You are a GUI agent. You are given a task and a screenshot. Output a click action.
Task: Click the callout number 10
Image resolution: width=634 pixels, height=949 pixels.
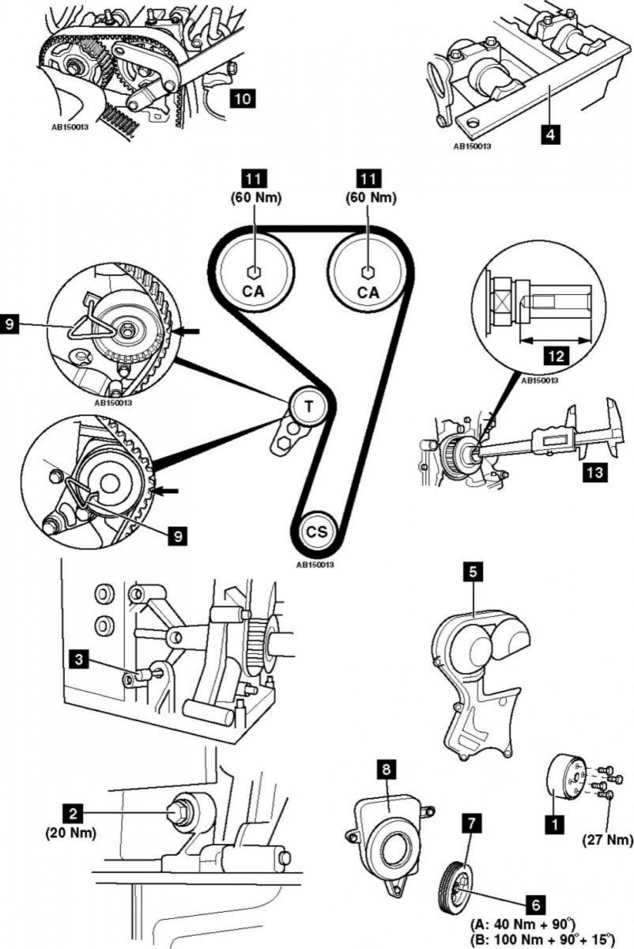click(x=242, y=99)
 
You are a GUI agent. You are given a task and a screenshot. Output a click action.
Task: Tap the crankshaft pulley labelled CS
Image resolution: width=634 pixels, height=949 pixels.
click(x=317, y=531)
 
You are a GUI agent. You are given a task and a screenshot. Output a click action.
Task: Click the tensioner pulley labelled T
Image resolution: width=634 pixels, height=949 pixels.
click(x=308, y=406)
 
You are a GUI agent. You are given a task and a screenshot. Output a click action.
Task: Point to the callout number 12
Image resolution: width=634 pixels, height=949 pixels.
click(x=556, y=356)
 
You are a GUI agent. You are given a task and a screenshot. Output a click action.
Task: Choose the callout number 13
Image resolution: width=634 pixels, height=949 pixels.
click(x=594, y=471)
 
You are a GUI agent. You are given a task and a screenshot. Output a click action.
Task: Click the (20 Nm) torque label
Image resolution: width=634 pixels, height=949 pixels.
click(x=70, y=841)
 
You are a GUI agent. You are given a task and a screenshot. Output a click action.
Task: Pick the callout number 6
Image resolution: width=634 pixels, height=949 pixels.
click(x=535, y=903)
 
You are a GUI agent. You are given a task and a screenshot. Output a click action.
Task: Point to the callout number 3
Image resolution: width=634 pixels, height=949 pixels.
click(x=79, y=660)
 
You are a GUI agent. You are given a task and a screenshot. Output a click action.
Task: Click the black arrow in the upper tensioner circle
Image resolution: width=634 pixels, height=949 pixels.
click(x=187, y=332)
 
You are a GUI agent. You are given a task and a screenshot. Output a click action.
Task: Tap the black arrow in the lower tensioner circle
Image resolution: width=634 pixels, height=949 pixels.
click(x=166, y=491)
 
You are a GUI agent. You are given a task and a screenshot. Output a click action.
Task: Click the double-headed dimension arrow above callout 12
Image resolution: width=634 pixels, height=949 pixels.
click(x=554, y=339)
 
